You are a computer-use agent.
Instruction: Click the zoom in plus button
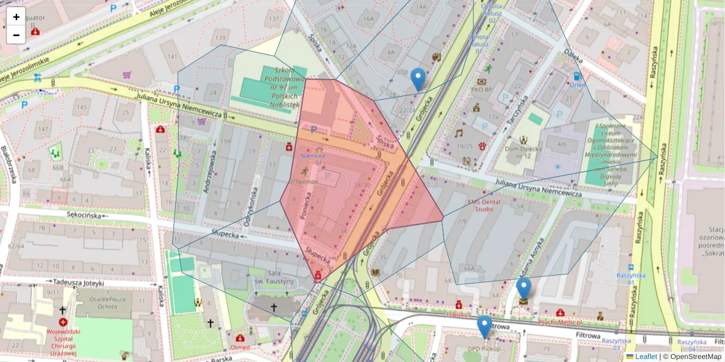[x=16, y=17]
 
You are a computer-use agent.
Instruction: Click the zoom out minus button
[x=16, y=35]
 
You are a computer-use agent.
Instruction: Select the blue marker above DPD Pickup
[x=484, y=326]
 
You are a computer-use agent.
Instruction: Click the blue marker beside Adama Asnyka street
[x=524, y=289]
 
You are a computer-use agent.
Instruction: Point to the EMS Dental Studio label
[x=488, y=205]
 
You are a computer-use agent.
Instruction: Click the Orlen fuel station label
[x=578, y=85]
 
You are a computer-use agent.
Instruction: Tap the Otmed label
[x=240, y=348]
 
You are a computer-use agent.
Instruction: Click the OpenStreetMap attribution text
[x=695, y=357]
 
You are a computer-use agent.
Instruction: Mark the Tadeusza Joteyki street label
[x=79, y=282]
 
